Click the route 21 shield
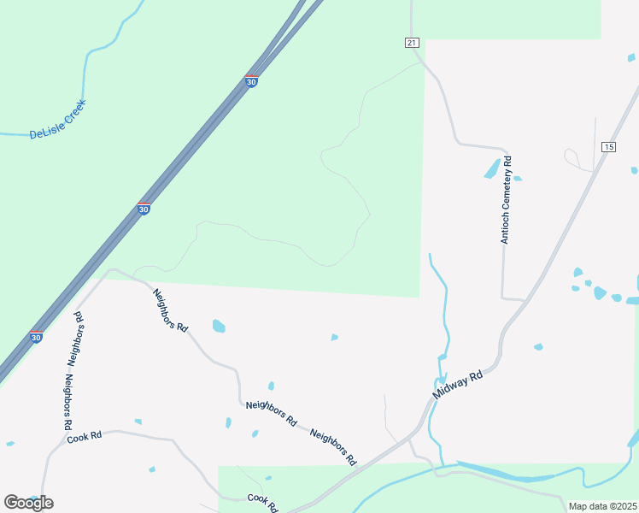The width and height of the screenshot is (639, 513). [413, 43]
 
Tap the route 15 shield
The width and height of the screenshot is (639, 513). [607, 147]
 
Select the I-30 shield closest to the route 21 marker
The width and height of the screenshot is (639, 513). [250, 80]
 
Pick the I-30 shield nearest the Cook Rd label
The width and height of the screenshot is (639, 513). [36, 338]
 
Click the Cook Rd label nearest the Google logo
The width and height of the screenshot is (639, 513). [85, 436]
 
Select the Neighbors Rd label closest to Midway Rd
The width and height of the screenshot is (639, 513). [333, 446]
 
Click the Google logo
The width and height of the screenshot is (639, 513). [28, 503]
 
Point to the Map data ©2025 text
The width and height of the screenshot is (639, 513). [602, 506]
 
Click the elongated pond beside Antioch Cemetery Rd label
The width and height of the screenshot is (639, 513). [493, 168]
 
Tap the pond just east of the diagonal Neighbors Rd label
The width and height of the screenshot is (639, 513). [219, 326]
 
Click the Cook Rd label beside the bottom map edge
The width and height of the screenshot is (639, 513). [262, 501]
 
